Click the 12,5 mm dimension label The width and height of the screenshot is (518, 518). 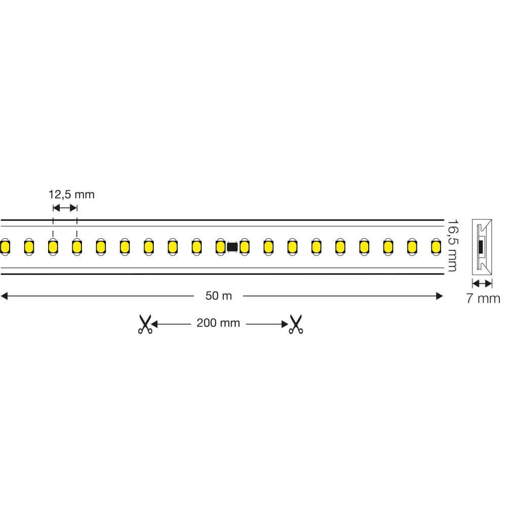[71, 195]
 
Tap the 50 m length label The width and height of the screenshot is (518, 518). [219, 295]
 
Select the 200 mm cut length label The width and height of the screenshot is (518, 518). [219, 323]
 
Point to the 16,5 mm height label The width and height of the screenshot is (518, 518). [453, 245]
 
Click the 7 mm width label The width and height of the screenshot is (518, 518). [483, 298]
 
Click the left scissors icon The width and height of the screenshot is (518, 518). [145, 324]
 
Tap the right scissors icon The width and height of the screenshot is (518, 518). [295, 324]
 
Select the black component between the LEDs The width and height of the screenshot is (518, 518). [232, 247]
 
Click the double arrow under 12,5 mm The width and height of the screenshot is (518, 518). [65, 208]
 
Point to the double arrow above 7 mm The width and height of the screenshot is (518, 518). [482, 283]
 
